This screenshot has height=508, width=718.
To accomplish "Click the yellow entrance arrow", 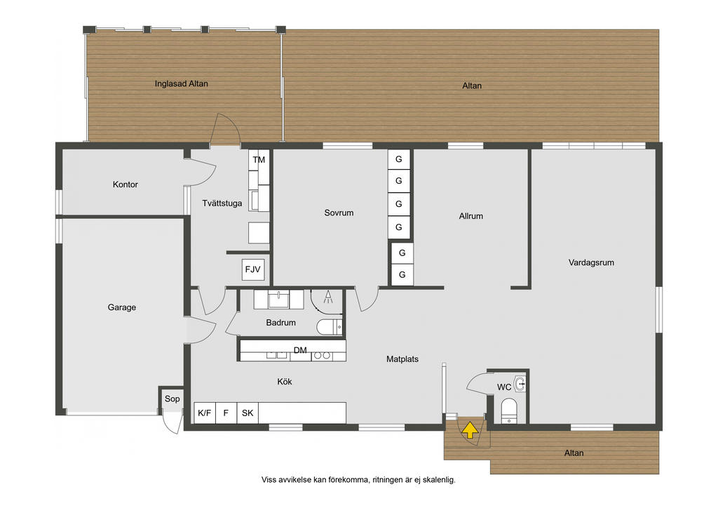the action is point(470,431).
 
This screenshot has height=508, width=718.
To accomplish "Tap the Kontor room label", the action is point(125,185).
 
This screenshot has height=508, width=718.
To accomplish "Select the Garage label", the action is point(122,307).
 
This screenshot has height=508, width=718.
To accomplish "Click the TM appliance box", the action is point(259,160).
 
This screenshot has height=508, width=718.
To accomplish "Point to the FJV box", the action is point(252,269).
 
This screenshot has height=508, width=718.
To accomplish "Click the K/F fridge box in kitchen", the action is point(205,413).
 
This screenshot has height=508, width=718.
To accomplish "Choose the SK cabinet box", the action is point(248,413).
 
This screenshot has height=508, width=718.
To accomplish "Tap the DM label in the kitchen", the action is point(300,350).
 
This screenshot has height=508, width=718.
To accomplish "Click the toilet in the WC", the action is point(509,410).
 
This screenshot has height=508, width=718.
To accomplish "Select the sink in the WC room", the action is point(520,385).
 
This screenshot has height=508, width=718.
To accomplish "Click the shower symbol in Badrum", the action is point(328,297).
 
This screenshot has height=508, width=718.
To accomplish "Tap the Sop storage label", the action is point(172,399).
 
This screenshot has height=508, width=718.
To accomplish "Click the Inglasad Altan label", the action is point(182,83).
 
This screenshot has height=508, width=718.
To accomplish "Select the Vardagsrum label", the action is point(591,263).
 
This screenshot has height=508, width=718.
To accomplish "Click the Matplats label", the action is point(402,359).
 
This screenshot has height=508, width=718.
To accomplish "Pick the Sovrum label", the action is point(339,213).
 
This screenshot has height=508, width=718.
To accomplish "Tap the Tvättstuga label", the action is point(222,203).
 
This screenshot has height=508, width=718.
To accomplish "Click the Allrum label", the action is point(470,216).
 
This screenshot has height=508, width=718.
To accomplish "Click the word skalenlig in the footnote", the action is point(439,480).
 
